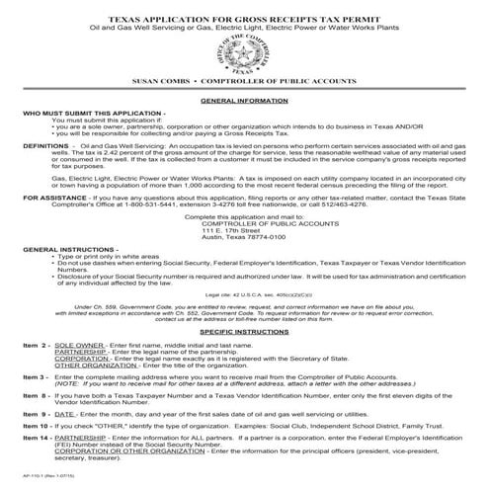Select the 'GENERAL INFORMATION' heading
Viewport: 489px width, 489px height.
coord(243,101)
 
